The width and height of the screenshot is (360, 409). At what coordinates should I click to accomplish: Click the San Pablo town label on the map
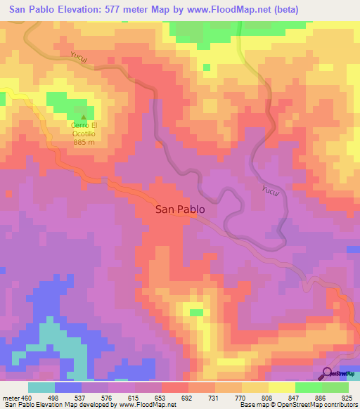point(180,209)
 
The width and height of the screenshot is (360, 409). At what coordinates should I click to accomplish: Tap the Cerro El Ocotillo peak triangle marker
point(84,118)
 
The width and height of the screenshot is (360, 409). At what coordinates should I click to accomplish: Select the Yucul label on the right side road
point(271,193)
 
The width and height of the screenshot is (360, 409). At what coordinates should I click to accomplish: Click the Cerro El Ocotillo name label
point(84,130)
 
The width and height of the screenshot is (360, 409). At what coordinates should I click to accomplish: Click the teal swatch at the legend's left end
point(41,387)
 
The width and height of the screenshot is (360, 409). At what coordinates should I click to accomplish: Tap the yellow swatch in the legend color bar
point(281,387)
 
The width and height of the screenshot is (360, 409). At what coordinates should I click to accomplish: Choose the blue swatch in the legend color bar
point(68,387)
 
